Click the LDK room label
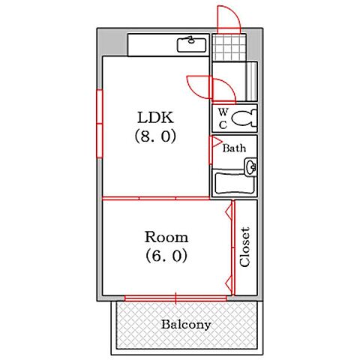155,118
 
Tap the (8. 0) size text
155,136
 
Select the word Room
166,237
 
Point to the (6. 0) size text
166,256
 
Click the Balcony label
186,325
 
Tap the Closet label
244,247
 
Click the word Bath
234,148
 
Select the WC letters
223,118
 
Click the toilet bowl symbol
244,118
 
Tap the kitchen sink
192,44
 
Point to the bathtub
235,183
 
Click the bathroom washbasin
250,166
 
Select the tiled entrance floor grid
229,47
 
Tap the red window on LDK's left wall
100,124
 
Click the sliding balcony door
175,298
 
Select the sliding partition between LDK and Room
156,199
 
